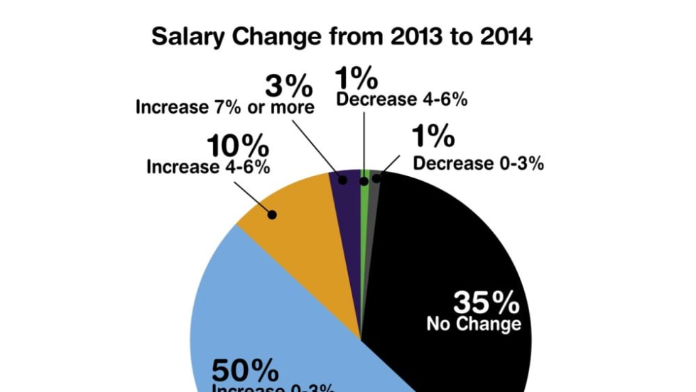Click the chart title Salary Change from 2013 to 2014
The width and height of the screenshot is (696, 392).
(x=342, y=36)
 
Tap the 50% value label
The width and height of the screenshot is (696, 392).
(x=245, y=370)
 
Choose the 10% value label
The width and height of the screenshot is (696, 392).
(x=238, y=148)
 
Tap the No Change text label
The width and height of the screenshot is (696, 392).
(x=474, y=325)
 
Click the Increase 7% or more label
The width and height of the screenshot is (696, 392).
(x=224, y=108)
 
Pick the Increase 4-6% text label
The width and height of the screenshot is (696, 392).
(x=208, y=168)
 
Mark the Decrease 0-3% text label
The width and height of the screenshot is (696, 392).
(x=479, y=163)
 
